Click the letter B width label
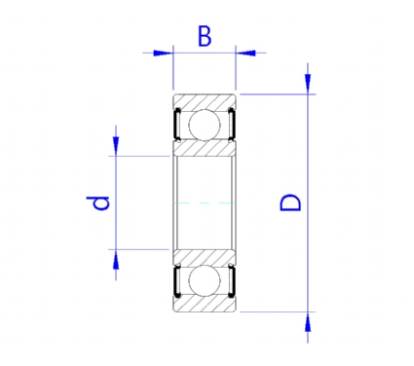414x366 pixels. tap(205, 36)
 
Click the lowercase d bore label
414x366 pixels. tap(97, 202)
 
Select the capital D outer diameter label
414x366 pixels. tap(290, 202)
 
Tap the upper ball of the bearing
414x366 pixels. tap(205, 125)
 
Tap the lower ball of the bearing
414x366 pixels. tap(205, 281)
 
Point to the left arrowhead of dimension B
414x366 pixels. tap(162, 53)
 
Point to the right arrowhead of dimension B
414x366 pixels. tap(245, 53)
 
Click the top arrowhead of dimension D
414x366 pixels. tap(308, 83)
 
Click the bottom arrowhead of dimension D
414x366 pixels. tap(308, 322)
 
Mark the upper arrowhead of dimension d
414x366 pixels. tap(116, 145)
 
